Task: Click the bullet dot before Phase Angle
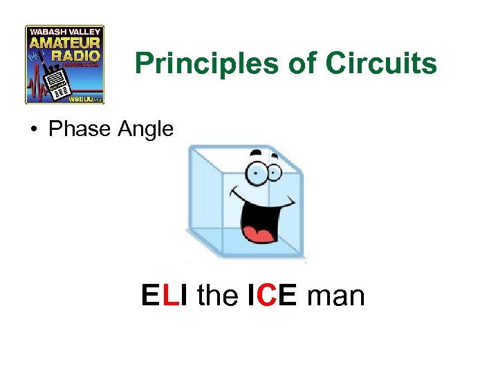tap(33, 128)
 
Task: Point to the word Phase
tap(74, 128)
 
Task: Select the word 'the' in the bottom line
tap(217, 296)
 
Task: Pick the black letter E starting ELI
tap(150, 296)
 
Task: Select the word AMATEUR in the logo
tap(65, 43)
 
